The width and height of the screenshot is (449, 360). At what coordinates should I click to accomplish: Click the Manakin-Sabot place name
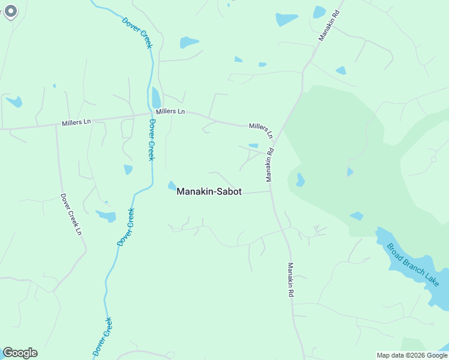coord(209,191)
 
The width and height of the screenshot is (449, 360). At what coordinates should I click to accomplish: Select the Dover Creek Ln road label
coord(70,214)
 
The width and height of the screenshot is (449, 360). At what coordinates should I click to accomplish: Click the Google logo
coord(20,353)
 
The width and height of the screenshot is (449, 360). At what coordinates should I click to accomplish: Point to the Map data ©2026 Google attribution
coord(412,355)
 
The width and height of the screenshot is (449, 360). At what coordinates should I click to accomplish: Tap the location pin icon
coord(10,12)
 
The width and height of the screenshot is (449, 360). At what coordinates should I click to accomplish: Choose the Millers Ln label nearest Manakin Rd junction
coord(261,130)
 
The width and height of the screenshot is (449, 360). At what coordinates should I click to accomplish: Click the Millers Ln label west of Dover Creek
coord(76,122)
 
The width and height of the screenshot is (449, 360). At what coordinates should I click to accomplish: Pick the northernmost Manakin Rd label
coord(330,25)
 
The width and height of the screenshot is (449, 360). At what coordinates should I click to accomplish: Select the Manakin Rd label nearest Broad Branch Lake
coord(291,280)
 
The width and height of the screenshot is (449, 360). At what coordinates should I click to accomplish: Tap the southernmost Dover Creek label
coord(103,337)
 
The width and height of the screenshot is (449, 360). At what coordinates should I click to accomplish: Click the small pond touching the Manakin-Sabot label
coord(172,185)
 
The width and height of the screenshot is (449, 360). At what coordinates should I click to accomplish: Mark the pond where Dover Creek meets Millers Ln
coord(157,97)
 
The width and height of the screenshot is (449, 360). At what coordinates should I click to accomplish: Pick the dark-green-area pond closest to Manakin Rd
coord(300,179)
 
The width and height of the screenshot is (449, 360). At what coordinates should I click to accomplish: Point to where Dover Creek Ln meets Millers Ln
coord(56,125)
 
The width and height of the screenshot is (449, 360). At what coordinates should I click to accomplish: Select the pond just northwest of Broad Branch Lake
coord(357,215)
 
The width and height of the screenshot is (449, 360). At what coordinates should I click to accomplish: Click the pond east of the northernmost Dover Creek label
coord(189,43)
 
